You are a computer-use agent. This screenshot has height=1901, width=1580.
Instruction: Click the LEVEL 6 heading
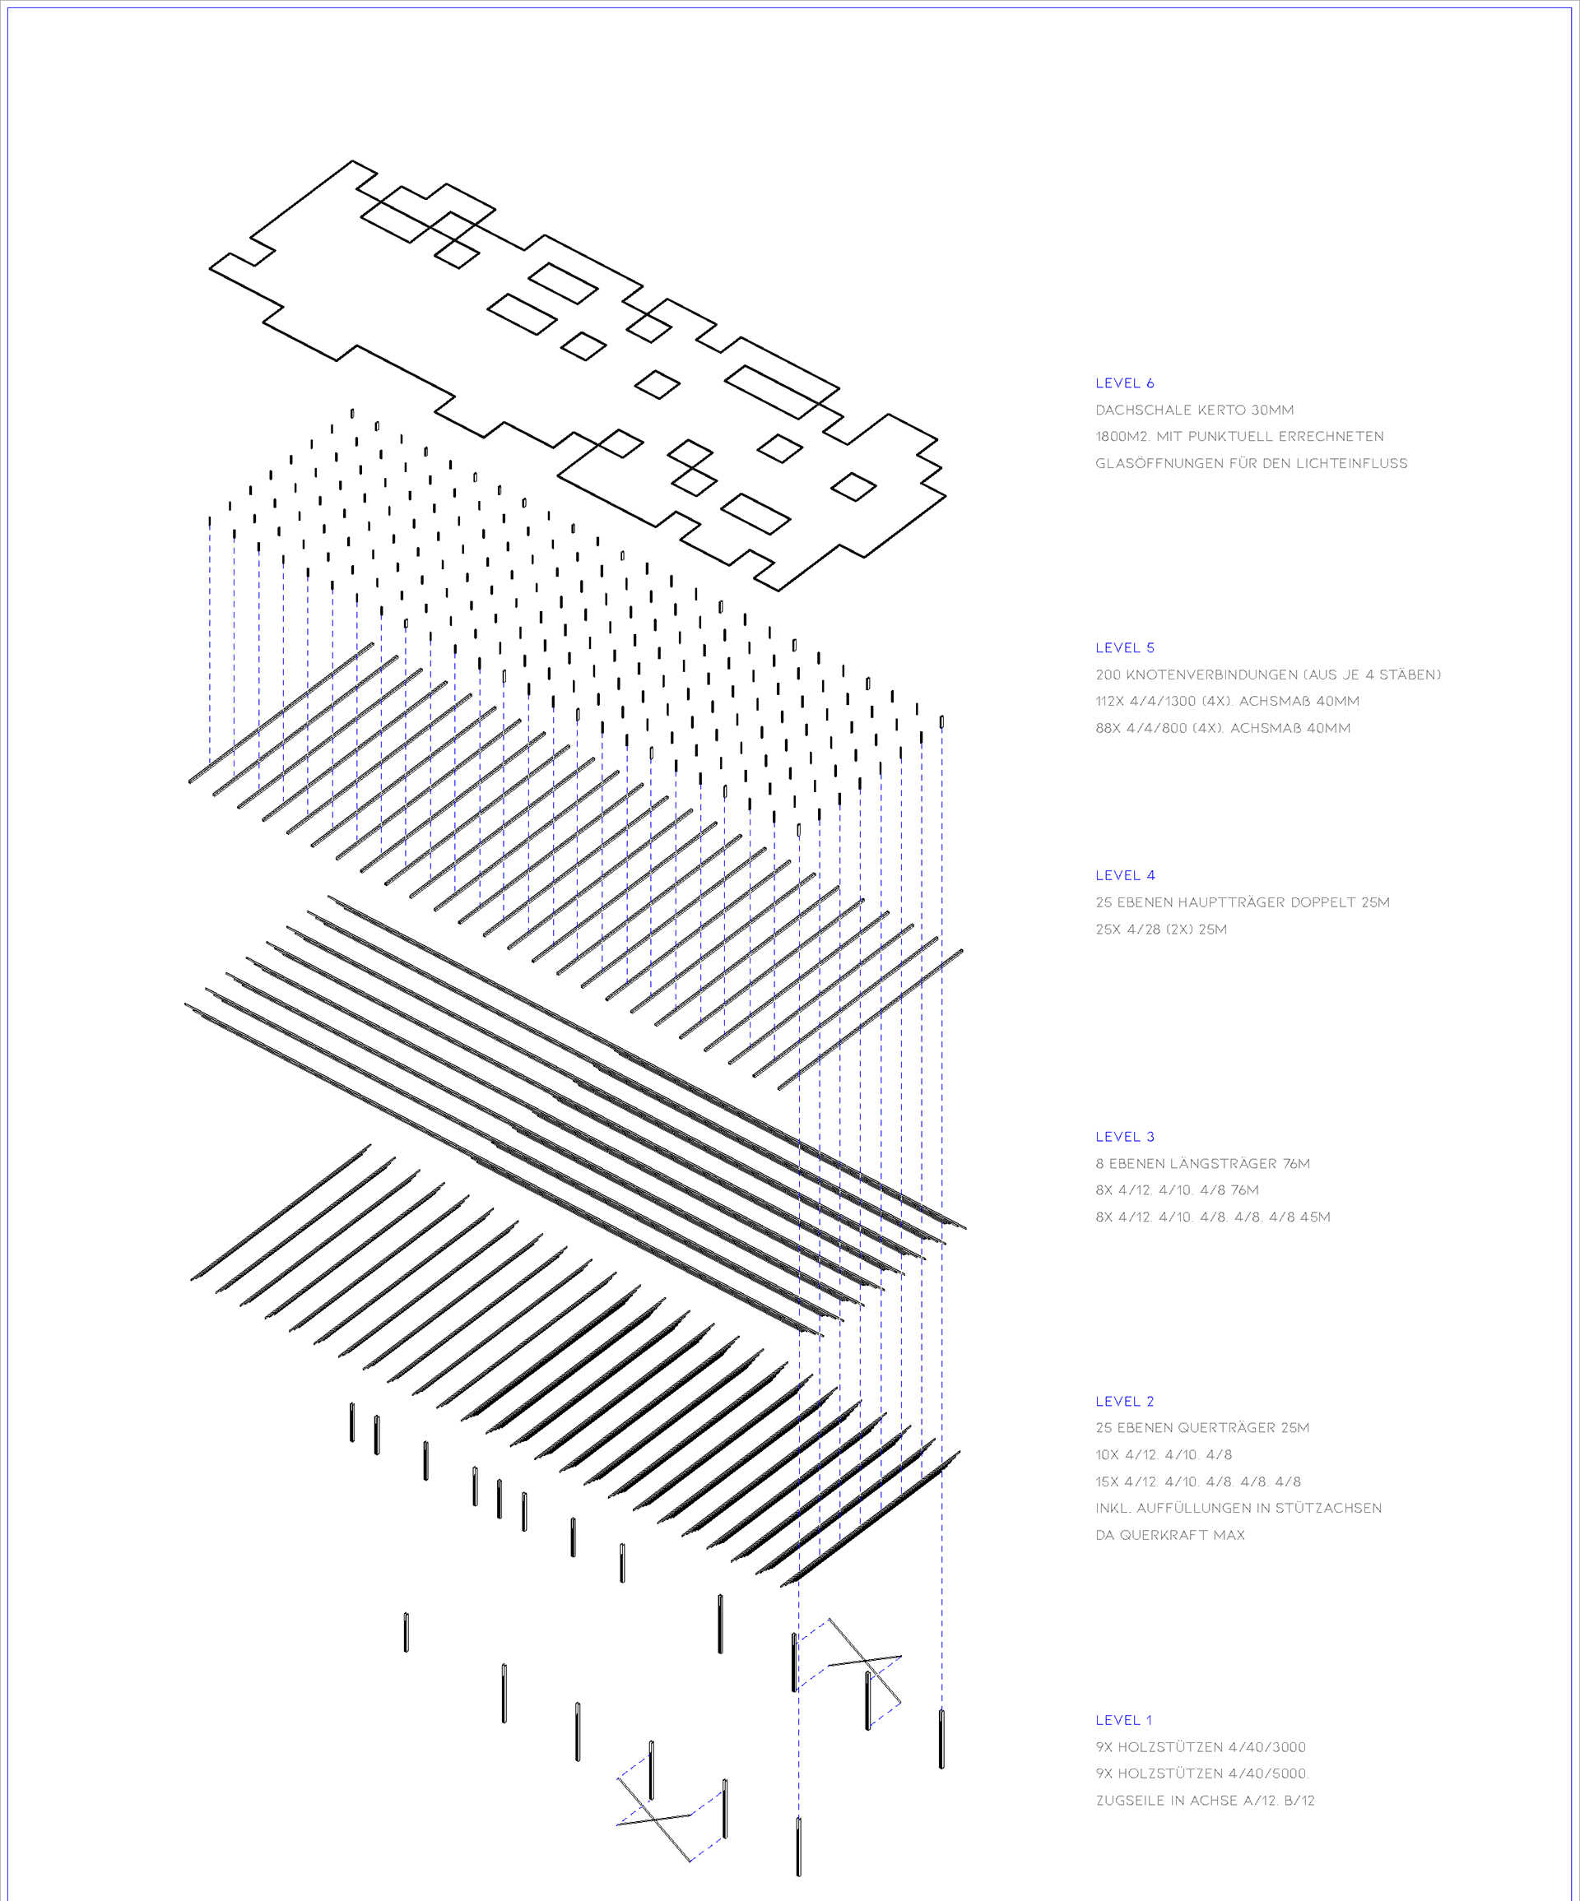(x=1125, y=383)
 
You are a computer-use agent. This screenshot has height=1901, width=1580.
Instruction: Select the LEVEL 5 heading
(x=1125, y=647)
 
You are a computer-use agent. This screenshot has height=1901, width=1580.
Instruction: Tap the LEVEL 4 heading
(x=1125, y=875)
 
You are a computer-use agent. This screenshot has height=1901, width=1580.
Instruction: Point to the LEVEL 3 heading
(x=1125, y=1137)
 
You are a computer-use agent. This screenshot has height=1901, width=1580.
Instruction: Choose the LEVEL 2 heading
(x=1125, y=1402)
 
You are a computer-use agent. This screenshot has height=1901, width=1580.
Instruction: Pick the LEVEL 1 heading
(x=1123, y=1720)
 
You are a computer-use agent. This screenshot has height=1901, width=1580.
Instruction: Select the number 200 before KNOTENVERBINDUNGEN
(x=1108, y=675)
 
